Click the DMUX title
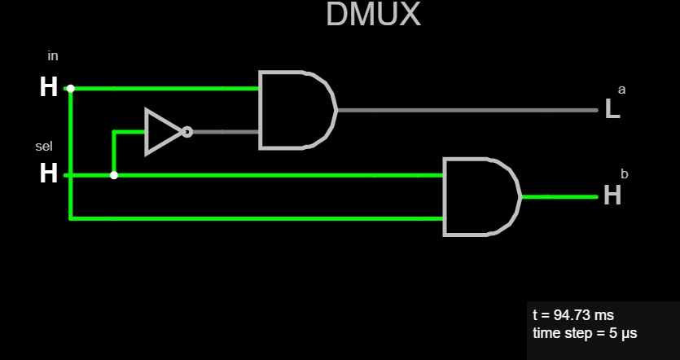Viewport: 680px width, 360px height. click(x=373, y=15)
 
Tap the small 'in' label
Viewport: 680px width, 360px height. click(x=53, y=56)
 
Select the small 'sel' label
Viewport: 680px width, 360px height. click(x=44, y=147)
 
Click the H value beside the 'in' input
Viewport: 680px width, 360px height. click(x=49, y=87)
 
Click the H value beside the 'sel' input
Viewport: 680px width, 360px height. click(x=49, y=173)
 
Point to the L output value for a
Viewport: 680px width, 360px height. click(x=612, y=110)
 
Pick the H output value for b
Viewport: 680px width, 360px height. click(x=612, y=195)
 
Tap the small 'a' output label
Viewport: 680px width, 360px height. click(x=622, y=89)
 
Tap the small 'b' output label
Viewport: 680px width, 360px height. click(x=625, y=173)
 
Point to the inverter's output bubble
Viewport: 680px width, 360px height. click(x=187, y=131)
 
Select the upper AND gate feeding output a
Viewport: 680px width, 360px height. click(x=296, y=110)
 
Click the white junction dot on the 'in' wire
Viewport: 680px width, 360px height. click(x=71, y=88)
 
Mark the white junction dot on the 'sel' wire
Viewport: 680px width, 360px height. click(x=114, y=175)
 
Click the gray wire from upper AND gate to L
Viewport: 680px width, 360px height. click(x=464, y=110)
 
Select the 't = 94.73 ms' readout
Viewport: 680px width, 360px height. click(x=573, y=315)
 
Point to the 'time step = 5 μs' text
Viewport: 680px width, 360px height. click(x=585, y=333)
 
